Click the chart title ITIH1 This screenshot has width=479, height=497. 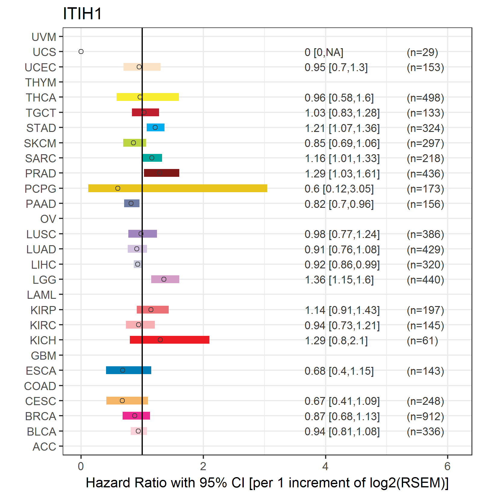[x=82, y=14]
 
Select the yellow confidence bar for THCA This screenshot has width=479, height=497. [x=148, y=97]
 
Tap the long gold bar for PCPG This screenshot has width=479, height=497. [x=178, y=188]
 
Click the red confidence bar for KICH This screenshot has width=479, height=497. [x=170, y=340]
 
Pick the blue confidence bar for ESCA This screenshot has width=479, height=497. [x=129, y=370]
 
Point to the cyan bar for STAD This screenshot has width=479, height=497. [x=155, y=127]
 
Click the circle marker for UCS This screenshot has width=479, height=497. [x=81, y=52]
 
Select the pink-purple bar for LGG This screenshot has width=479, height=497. [x=165, y=279]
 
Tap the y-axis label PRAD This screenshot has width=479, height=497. [x=41, y=173]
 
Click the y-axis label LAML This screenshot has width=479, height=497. [x=42, y=295]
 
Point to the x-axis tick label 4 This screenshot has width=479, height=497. [x=325, y=466]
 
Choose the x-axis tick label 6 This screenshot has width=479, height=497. [x=447, y=466]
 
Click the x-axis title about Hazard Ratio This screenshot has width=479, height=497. [x=267, y=483]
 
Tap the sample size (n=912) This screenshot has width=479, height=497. [x=425, y=416]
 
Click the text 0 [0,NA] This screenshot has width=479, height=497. [x=324, y=52]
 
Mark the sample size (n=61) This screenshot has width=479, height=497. [x=422, y=341]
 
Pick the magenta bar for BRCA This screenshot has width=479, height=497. [x=136, y=416]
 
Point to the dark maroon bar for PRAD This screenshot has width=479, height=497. [x=161, y=173]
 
